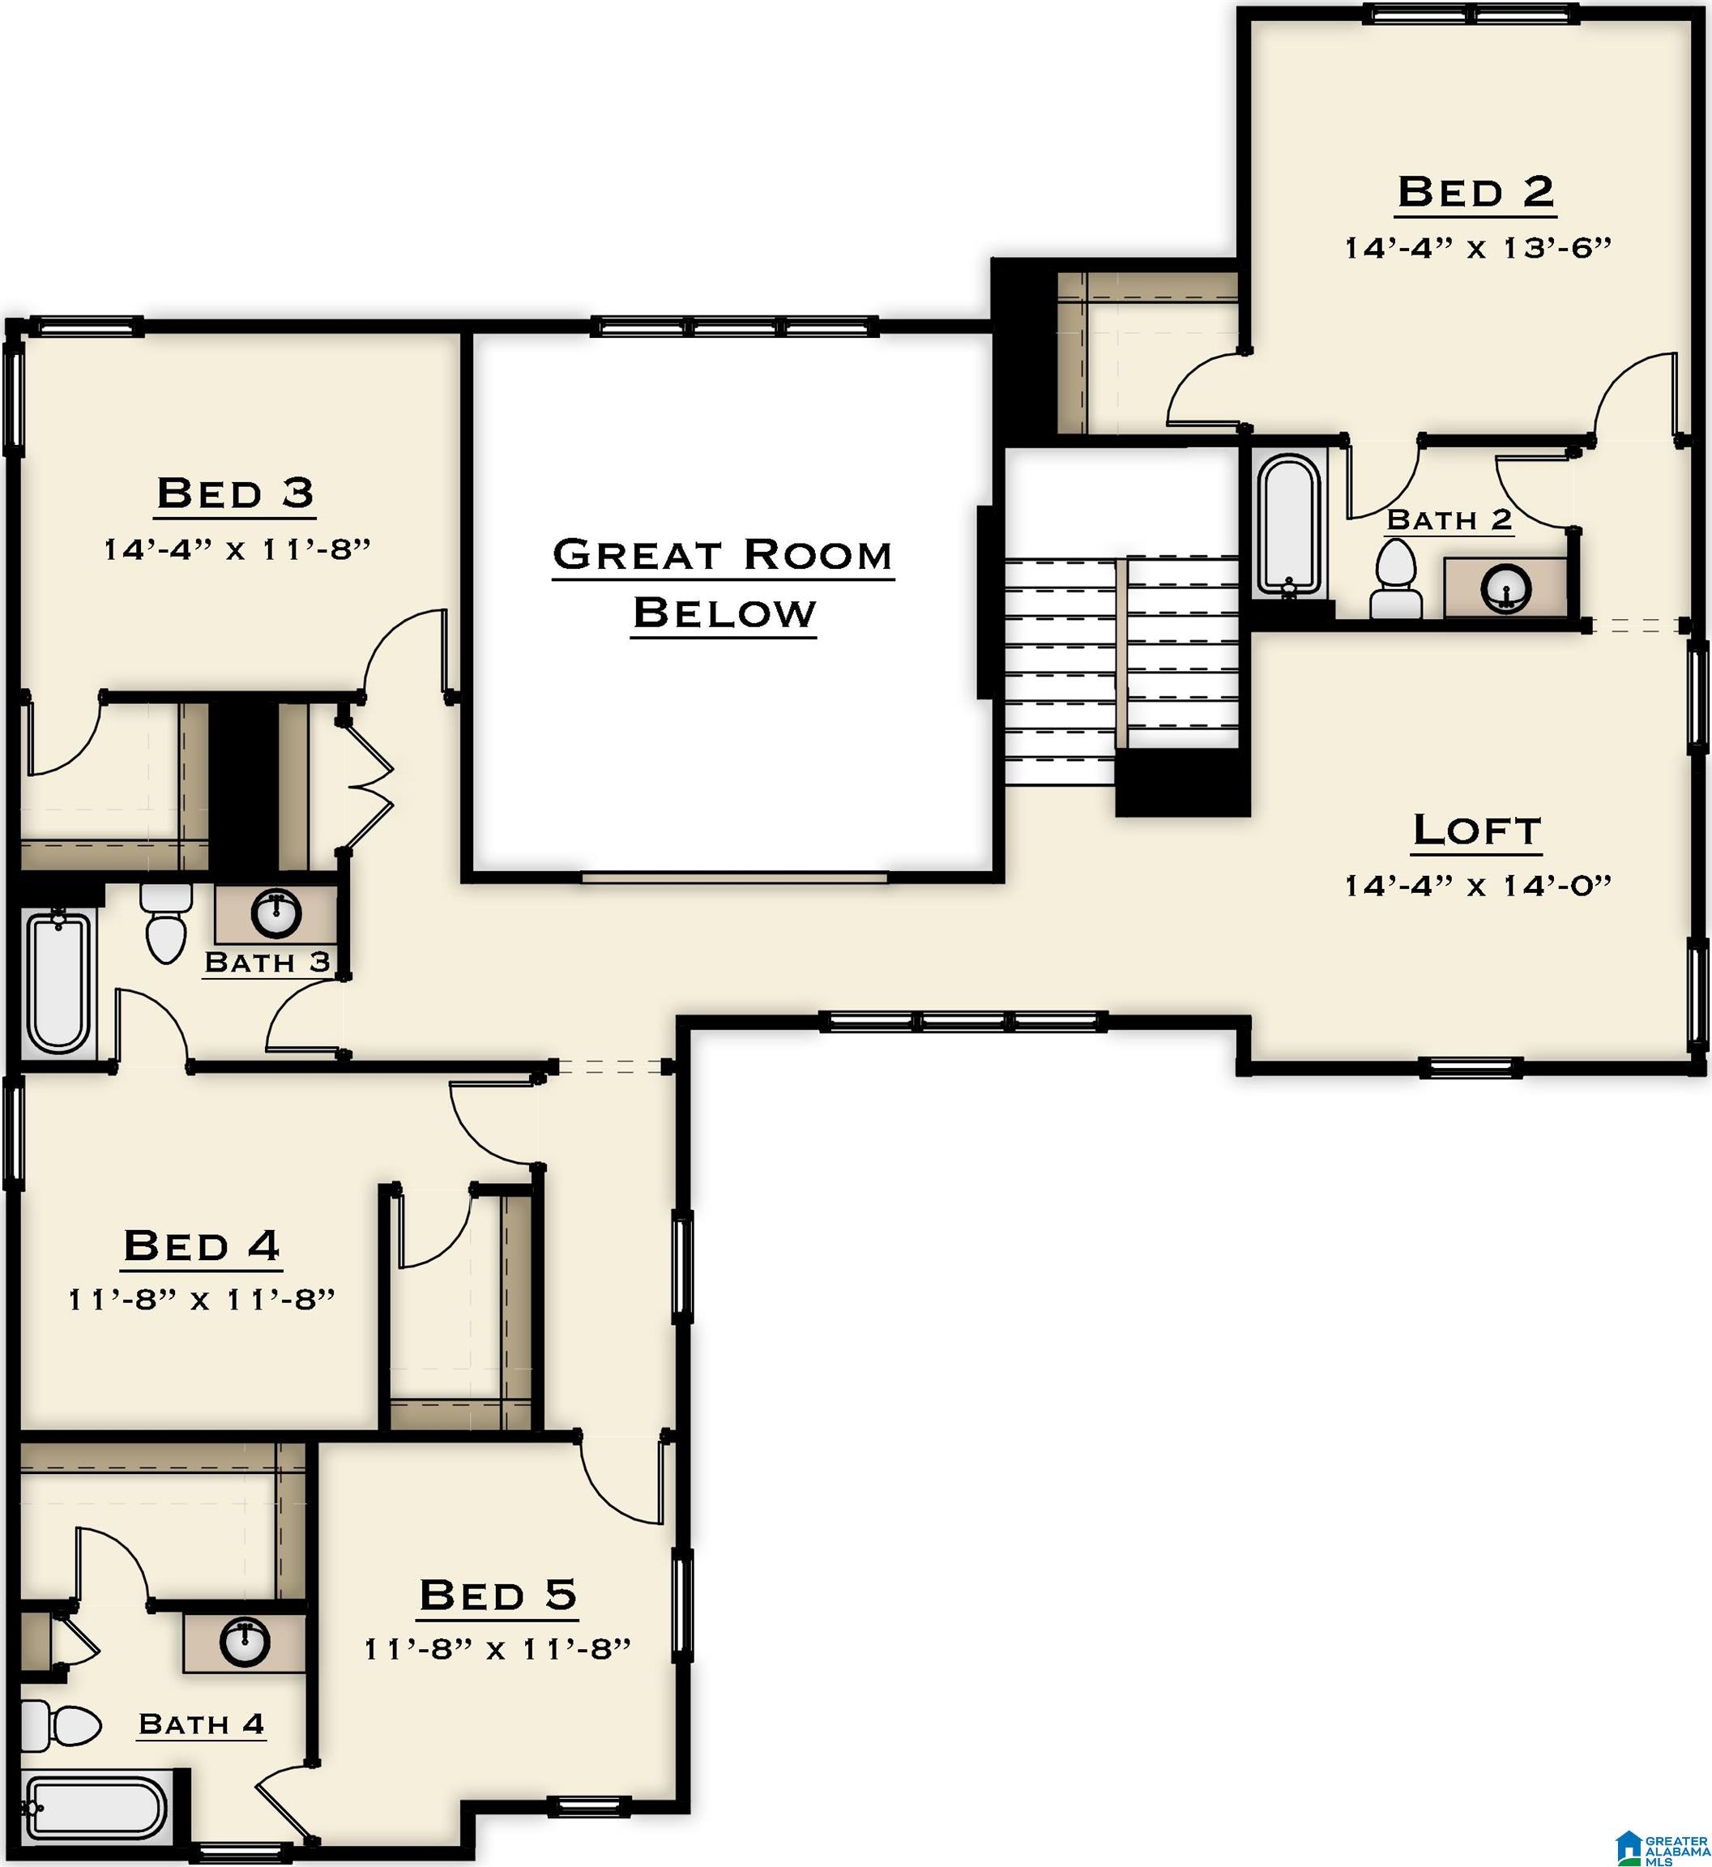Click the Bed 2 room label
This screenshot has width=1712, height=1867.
(x=1475, y=193)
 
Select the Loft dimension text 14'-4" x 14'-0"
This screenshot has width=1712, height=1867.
(x=1478, y=886)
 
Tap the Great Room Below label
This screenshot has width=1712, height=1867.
(x=724, y=583)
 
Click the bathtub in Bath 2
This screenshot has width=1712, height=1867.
(x=1287, y=524)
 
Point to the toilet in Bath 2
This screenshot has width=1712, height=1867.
(x=1396, y=581)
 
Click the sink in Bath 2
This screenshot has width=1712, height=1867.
(x=1505, y=587)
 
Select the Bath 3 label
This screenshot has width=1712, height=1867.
(x=267, y=963)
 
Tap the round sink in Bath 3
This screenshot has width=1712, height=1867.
(x=275, y=913)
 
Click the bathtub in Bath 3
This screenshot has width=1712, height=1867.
(x=58, y=983)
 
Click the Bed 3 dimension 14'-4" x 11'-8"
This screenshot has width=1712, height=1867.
(x=237, y=549)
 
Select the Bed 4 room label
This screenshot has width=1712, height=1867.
(x=201, y=1245)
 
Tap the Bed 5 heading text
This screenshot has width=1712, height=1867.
(x=497, y=1595)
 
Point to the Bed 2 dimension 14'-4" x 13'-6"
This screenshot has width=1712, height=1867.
(x=1478, y=248)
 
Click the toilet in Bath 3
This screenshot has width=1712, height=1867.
(x=166, y=924)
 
